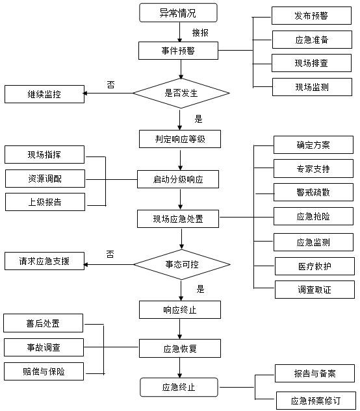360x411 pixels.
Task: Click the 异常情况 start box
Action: (x=178, y=12)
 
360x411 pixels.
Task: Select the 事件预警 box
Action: (x=178, y=51)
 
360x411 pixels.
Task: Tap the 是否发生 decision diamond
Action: (x=181, y=93)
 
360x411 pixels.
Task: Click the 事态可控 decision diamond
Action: (x=182, y=264)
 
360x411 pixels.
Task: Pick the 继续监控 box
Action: (x=44, y=94)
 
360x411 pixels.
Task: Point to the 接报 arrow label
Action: (x=200, y=32)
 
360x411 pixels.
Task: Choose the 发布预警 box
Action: (x=311, y=16)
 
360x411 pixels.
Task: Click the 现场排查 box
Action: (x=311, y=63)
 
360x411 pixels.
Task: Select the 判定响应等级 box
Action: (x=180, y=139)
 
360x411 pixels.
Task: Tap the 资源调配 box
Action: (x=45, y=179)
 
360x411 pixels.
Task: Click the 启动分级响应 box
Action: (x=178, y=179)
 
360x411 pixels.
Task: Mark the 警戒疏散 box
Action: (x=314, y=192)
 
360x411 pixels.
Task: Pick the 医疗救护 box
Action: (x=315, y=266)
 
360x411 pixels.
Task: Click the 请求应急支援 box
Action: (x=44, y=261)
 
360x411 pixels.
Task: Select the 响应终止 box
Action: (x=180, y=310)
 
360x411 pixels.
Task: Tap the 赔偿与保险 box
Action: (x=44, y=371)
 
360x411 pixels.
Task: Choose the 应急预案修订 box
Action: (x=316, y=401)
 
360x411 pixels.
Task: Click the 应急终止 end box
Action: (x=179, y=387)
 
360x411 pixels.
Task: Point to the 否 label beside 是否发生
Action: (x=110, y=84)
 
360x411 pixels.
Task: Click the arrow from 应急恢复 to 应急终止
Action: (x=180, y=367)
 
